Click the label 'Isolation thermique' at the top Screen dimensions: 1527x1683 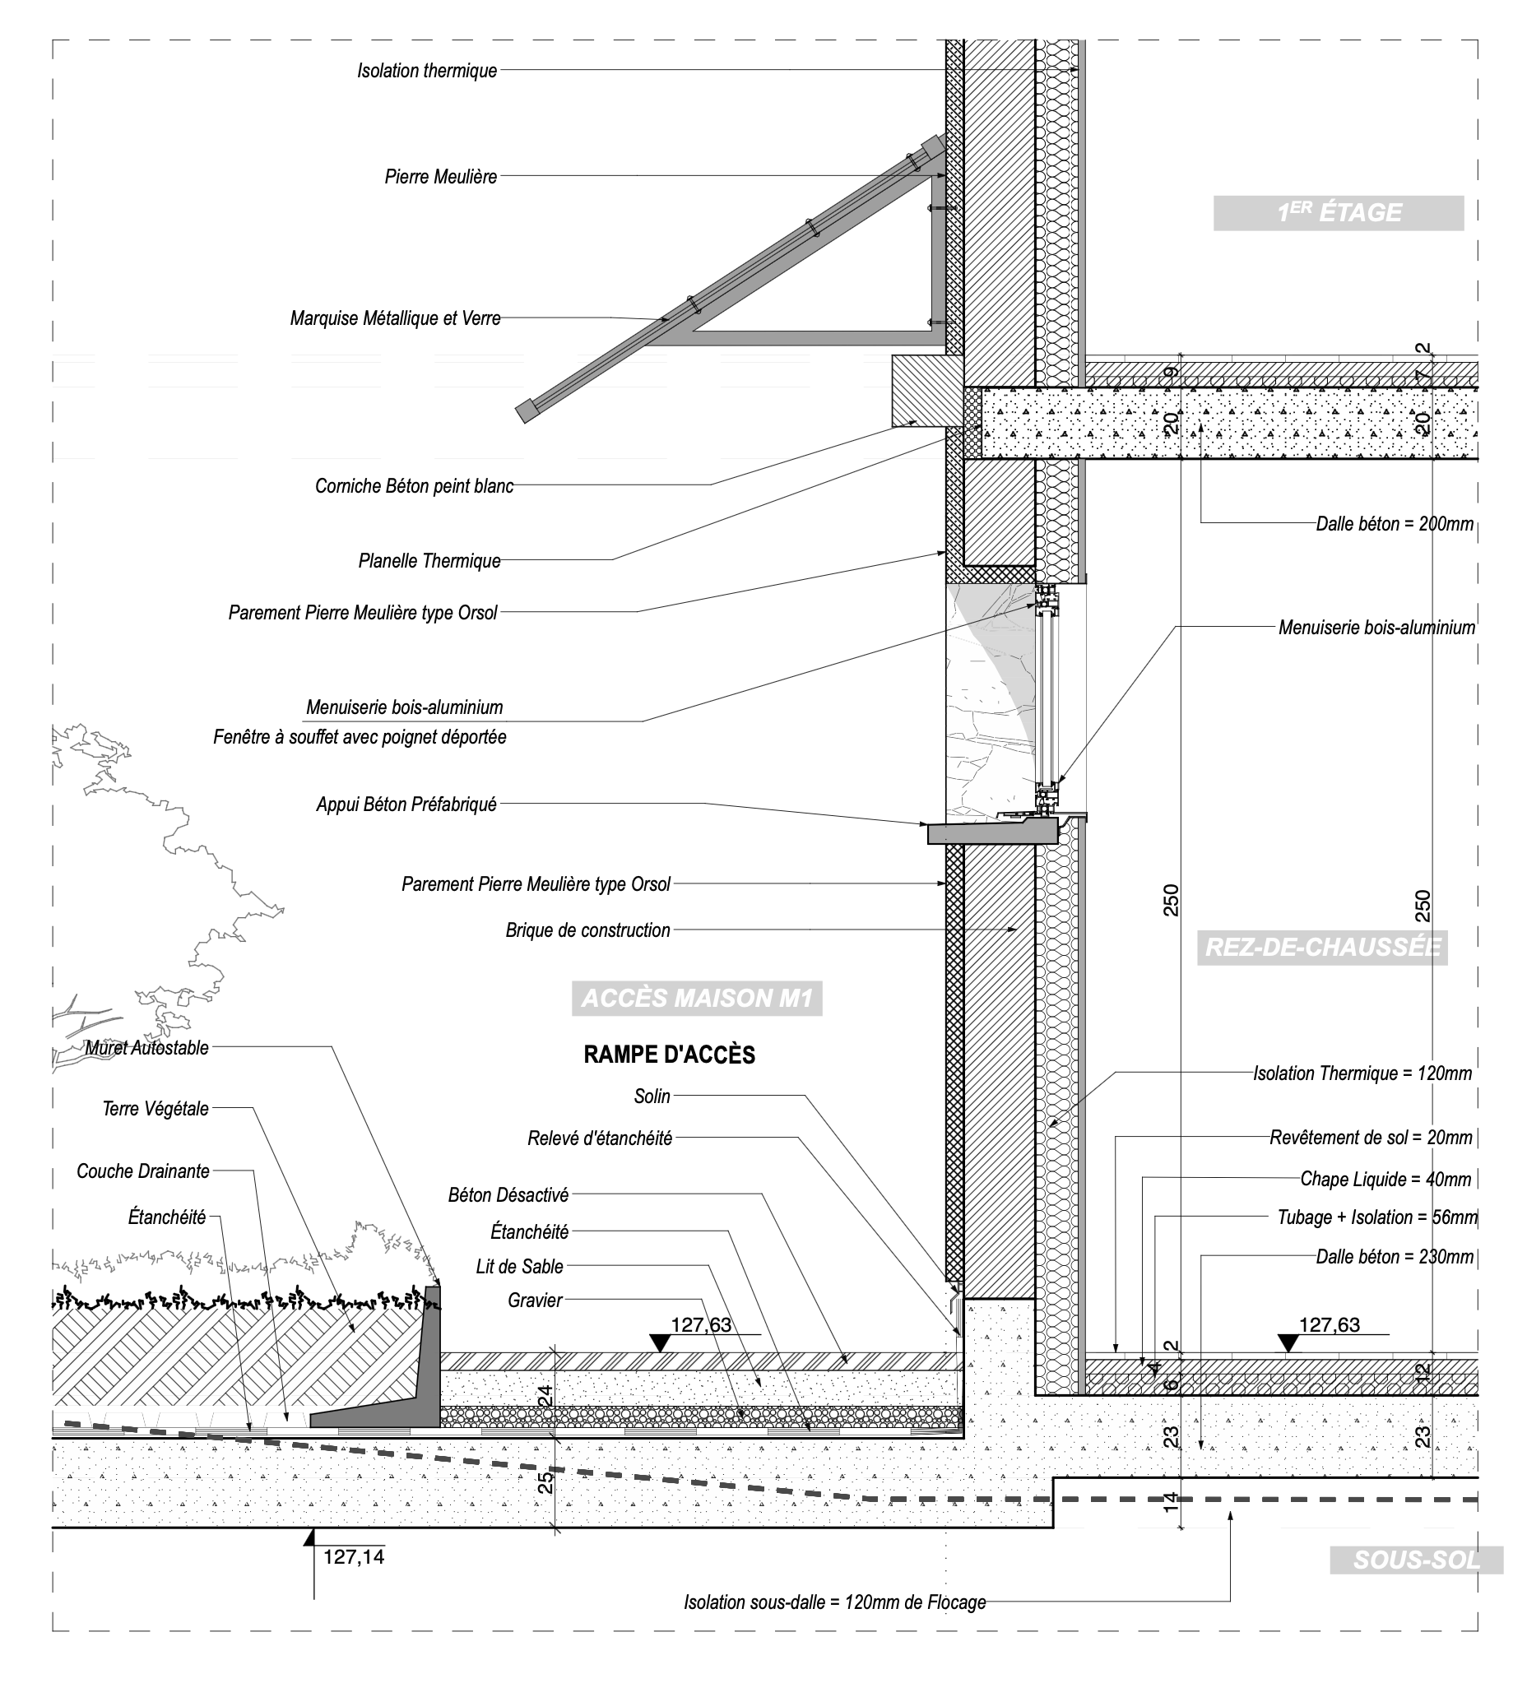pyautogui.click(x=427, y=71)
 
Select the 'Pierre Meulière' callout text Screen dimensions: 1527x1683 pyautogui.click(x=441, y=177)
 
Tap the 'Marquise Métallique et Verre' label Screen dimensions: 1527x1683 pyautogui.click(x=395, y=318)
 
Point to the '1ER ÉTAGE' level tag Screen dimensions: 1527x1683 pyautogui.click(x=1339, y=213)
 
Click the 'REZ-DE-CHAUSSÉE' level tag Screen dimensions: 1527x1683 pyautogui.click(x=1322, y=948)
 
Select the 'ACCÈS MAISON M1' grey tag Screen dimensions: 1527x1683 pyautogui.click(x=697, y=998)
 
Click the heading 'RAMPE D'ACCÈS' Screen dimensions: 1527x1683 pyautogui.click(x=669, y=1055)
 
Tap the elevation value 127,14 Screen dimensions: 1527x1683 pyautogui.click(x=354, y=1557)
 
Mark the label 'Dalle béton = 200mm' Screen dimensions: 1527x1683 pyautogui.click(x=1395, y=524)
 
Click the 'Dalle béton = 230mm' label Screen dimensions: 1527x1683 pyautogui.click(x=1395, y=1256)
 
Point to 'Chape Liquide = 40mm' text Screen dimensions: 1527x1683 pyautogui.click(x=1386, y=1179)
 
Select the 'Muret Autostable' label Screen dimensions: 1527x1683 pyautogui.click(x=147, y=1048)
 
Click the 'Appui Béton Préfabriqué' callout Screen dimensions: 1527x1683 pyautogui.click(x=406, y=804)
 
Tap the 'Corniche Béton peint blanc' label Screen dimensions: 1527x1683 pyautogui.click(x=414, y=486)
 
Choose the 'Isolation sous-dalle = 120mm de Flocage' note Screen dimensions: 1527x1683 pyautogui.click(x=835, y=1602)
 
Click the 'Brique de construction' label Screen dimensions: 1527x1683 pyautogui.click(x=587, y=930)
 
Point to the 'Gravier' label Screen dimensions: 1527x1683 pyautogui.click(x=535, y=1300)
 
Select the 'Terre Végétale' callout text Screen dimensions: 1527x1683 pyautogui.click(x=155, y=1109)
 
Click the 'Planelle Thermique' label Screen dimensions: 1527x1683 pyautogui.click(x=429, y=561)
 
